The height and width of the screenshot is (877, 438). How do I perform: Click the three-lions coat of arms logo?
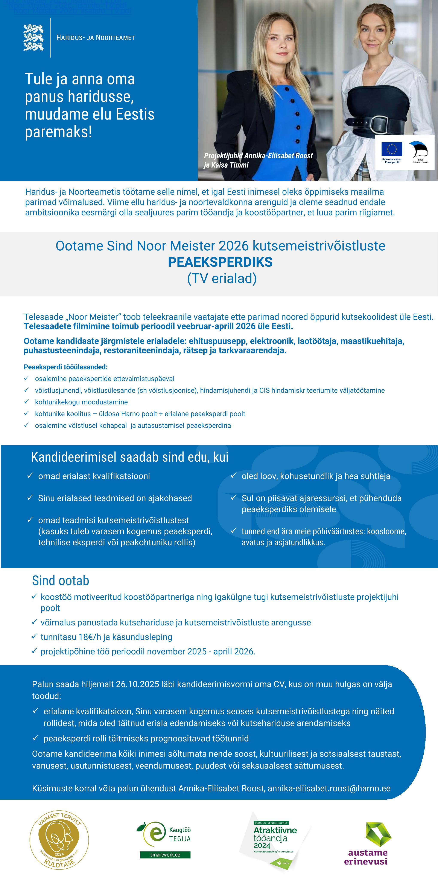[33, 37]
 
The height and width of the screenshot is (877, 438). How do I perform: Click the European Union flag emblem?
[392, 149]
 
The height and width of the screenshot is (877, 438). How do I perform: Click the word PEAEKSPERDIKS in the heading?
[220, 262]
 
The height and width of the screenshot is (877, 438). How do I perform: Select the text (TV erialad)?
[222, 279]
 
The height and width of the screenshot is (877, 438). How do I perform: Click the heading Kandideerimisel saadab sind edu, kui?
[129, 457]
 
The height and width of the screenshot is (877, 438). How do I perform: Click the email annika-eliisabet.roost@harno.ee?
[329, 788]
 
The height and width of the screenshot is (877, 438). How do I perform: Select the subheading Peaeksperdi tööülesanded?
[65, 367]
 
